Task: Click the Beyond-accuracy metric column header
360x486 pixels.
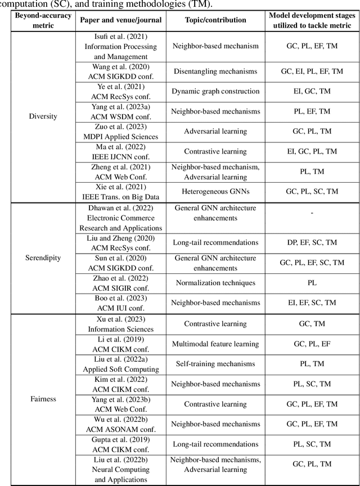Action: coord(39,20)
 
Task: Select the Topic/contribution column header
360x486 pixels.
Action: coord(215,20)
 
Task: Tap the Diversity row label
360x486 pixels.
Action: coord(39,117)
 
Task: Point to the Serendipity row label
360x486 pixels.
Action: coord(39,258)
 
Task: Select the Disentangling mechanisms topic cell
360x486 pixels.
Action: coord(215,71)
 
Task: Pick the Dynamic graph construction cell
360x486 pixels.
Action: coord(215,91)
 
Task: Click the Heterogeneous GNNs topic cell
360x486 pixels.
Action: coord(215,192)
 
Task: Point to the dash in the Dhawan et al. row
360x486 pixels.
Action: coord(312,213)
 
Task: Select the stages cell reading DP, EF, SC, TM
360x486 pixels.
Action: coord(312,242)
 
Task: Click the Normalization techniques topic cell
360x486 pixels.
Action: coord(215,283)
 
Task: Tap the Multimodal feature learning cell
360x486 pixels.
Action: coord(215,343)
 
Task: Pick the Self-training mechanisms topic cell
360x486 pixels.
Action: coord(215,363)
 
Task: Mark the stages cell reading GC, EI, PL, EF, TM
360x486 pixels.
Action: coord(312,71)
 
